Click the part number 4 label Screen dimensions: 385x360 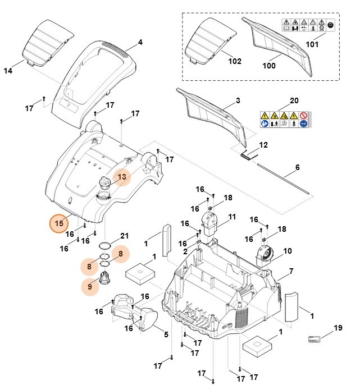coord(140,43)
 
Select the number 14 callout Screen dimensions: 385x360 coord(8,71)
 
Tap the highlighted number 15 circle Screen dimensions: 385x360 coord(58,223)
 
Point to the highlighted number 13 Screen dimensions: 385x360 coord(122,177)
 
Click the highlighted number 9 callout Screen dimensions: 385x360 coord(89,287)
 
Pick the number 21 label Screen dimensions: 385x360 coord(125,235)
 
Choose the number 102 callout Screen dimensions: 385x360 coord(235,61)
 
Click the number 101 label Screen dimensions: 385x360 coord(311,44)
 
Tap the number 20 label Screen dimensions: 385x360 coord(294,101)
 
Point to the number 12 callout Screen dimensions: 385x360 coord(263,145)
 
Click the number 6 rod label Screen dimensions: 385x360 coord(298,167)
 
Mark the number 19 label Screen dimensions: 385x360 coord(338,328)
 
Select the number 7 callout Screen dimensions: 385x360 coord(291,272)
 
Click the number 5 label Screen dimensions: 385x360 coord(166,335)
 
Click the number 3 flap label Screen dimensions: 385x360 coord(238,101)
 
